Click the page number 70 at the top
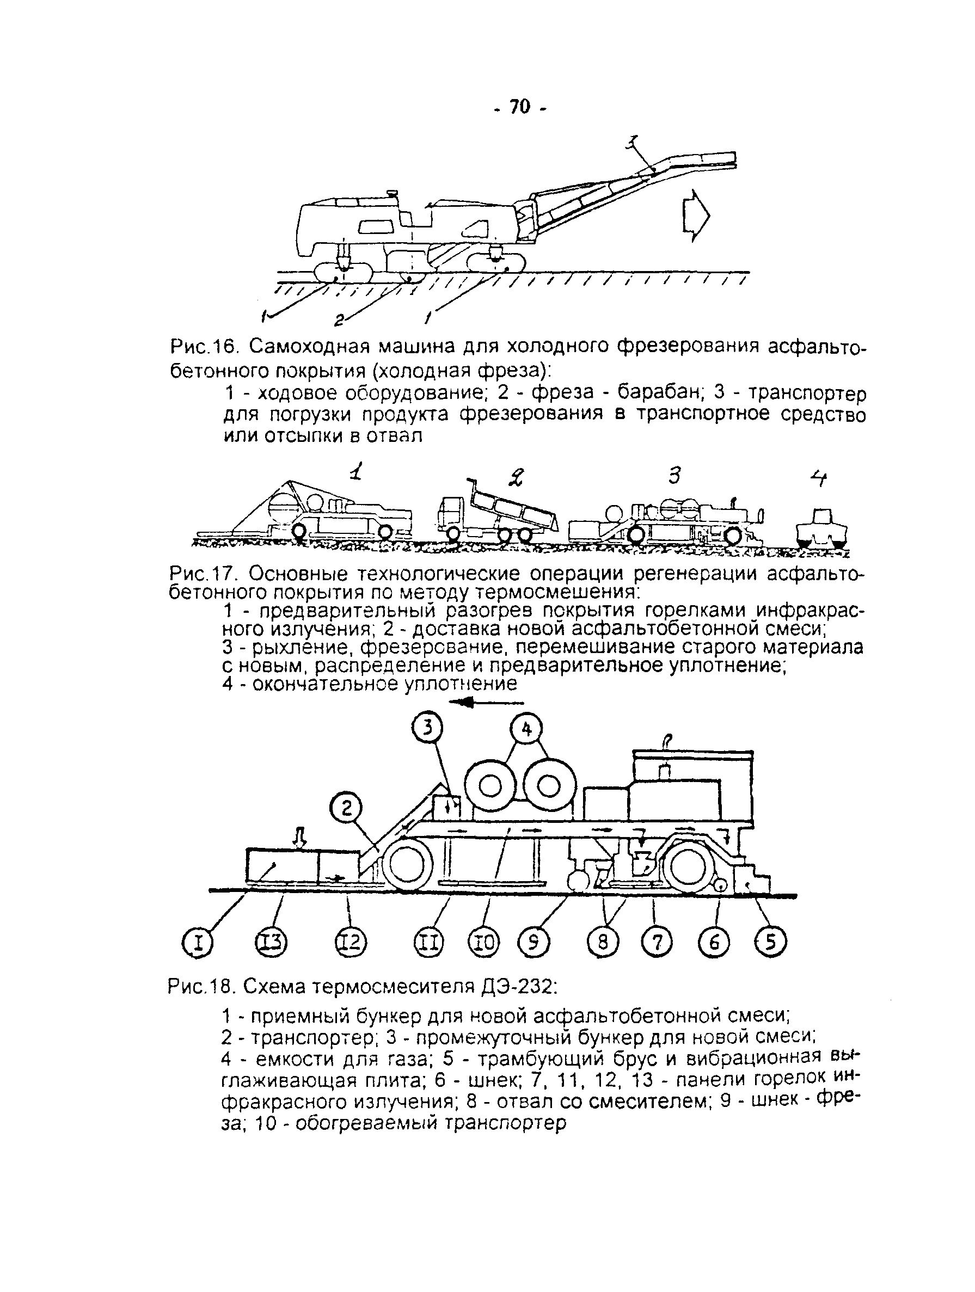tap(519, 107)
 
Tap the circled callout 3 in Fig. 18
tap(428, 729)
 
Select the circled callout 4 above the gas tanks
tap(527, 730)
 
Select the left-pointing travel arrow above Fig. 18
tap(480, 704)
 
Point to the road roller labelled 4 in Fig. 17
tap(822, 526)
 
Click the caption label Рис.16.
tap(205, 347)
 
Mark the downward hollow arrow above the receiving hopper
tap(299, 839)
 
